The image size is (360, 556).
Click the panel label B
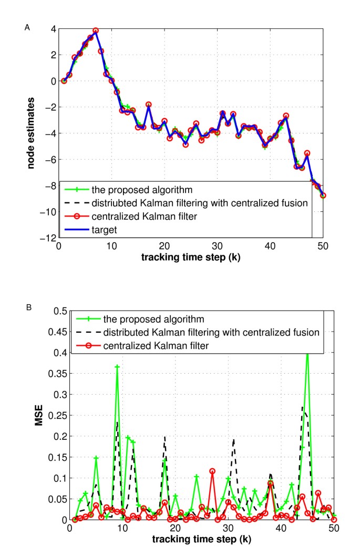(27, 303)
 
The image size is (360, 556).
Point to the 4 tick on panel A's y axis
(53, 29)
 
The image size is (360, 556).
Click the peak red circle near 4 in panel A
(96, 30)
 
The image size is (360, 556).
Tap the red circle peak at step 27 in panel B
(212, 471)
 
